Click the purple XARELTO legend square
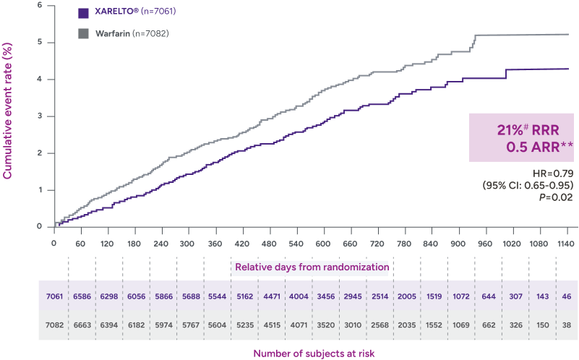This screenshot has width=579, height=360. pos(83,12)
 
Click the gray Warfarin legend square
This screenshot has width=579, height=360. pos(83,33)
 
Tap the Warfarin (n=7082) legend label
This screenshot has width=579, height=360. pos(134,33)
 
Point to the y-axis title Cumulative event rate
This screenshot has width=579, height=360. pos(8,111)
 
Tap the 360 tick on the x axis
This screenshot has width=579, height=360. pos(215,244)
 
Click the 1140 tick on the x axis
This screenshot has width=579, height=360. pos(563,244)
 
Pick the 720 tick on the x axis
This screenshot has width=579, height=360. pos(376,244)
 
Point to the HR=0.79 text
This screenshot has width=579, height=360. pos(554,173)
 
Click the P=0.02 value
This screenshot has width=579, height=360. pos(557,197)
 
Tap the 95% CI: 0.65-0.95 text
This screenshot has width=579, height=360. pos(528,184)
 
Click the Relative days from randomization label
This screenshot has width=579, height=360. pos(310,267)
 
